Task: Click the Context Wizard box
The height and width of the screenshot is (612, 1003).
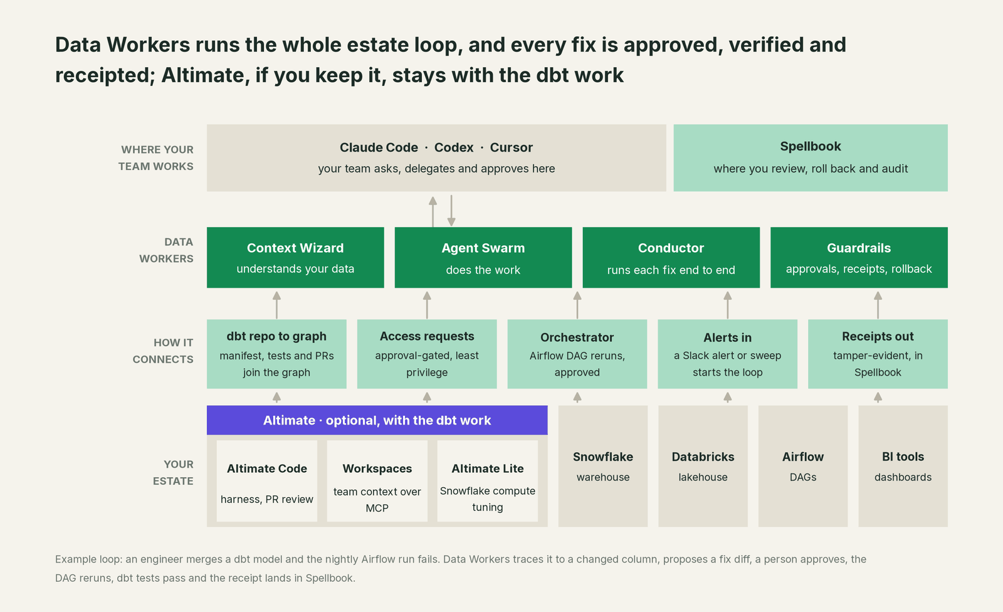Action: point(295,257)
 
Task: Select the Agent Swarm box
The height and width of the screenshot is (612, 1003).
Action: point(483,257)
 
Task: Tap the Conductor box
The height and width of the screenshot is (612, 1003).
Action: point(671,257)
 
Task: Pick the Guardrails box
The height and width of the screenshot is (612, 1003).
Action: point(859,257)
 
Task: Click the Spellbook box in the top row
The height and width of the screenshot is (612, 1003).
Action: point(811,158)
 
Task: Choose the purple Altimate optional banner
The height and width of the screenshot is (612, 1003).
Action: point(377,420)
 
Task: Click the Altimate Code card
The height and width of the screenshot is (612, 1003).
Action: point(267,481)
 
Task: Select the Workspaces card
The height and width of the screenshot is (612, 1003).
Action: point(377,481)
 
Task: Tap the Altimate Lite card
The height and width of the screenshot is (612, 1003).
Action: point(488,481)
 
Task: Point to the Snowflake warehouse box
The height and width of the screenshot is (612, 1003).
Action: point(602,466)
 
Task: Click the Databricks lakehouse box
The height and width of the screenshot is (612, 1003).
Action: point(703,466)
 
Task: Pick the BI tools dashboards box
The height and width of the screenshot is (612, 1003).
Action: point(903,466)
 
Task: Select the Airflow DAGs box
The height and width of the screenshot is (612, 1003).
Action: point(803,466)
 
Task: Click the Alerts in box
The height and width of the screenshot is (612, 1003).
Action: point(728,354)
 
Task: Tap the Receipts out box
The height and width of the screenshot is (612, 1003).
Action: point(878,354)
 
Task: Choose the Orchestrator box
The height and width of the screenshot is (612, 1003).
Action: point(577,354)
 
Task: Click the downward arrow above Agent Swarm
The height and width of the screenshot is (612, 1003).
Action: point(451,211)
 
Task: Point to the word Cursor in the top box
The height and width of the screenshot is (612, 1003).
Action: point(512,147)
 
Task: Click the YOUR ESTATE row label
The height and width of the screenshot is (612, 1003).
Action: point(173,473)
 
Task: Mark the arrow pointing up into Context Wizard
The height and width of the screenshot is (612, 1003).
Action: point(276,305)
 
